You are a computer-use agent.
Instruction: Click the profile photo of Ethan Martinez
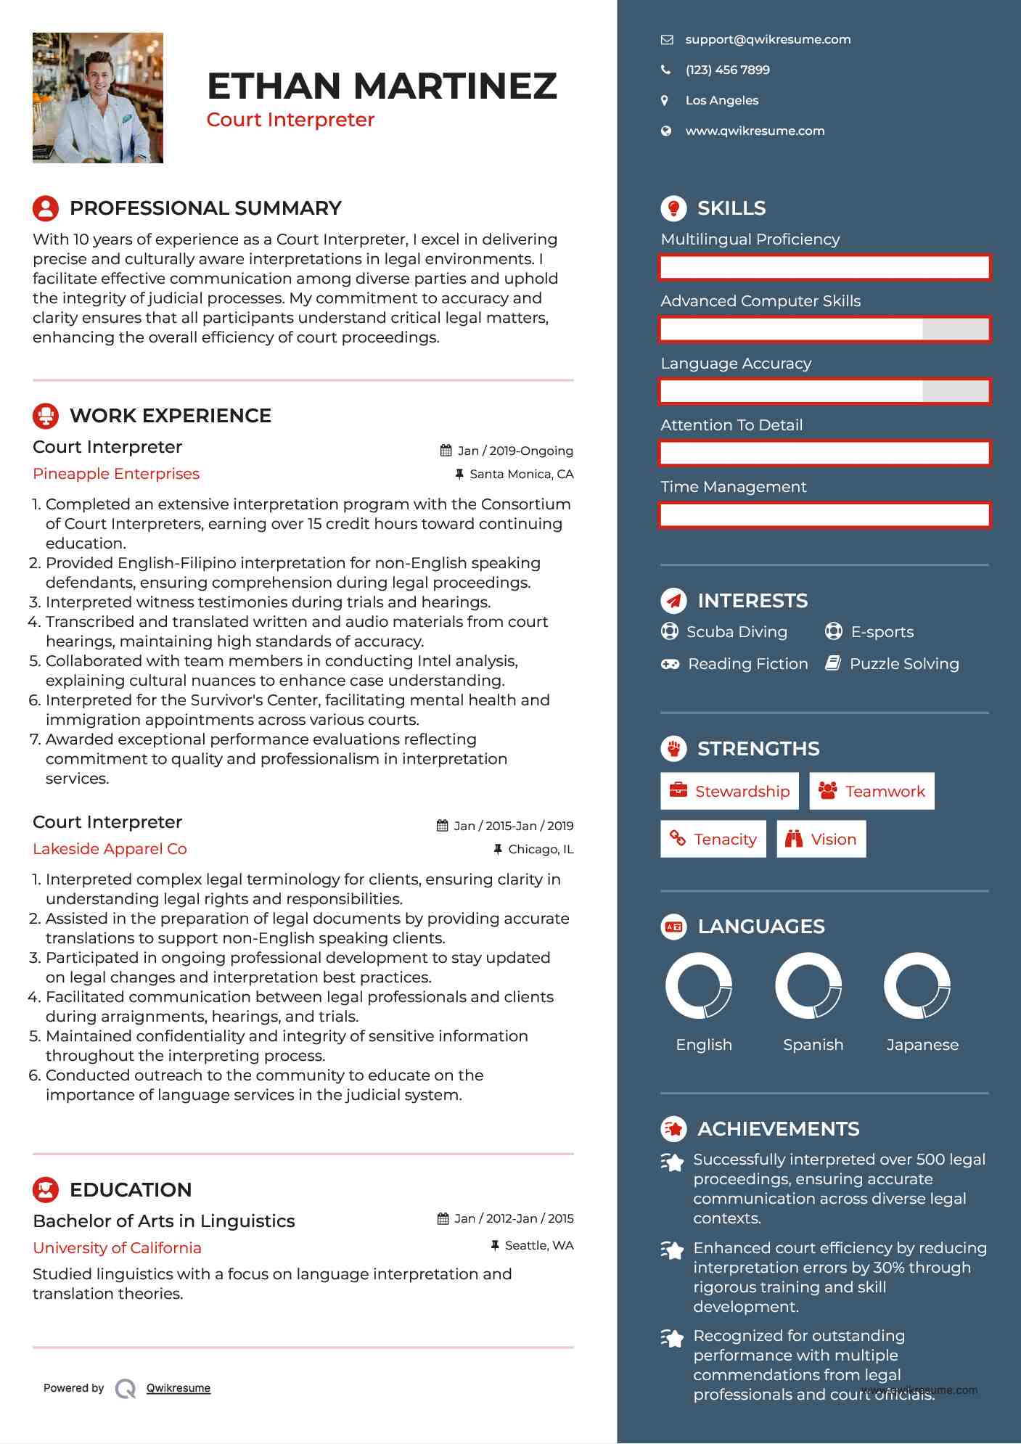98,98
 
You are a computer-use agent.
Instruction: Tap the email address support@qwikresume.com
768,40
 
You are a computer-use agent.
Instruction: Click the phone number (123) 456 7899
727,70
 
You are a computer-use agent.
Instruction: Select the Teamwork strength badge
872,791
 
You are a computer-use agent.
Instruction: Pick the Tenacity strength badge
713,839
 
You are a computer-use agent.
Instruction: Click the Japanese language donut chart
917,985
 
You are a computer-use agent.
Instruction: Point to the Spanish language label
813,1045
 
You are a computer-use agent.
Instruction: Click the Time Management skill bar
824,515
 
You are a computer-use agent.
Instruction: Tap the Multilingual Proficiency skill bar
824,267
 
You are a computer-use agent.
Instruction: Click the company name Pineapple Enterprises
116,474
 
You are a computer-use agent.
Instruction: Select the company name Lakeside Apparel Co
110,849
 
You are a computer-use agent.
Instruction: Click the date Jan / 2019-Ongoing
514,451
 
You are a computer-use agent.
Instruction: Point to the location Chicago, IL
540,849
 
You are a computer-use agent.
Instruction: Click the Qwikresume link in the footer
178,1388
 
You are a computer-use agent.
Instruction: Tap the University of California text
117,1248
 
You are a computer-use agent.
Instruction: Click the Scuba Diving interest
736,632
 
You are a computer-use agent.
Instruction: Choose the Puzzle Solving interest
903,664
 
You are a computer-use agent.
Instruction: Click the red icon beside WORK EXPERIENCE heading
46,416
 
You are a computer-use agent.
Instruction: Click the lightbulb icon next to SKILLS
673,208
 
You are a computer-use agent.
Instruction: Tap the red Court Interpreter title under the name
290,120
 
